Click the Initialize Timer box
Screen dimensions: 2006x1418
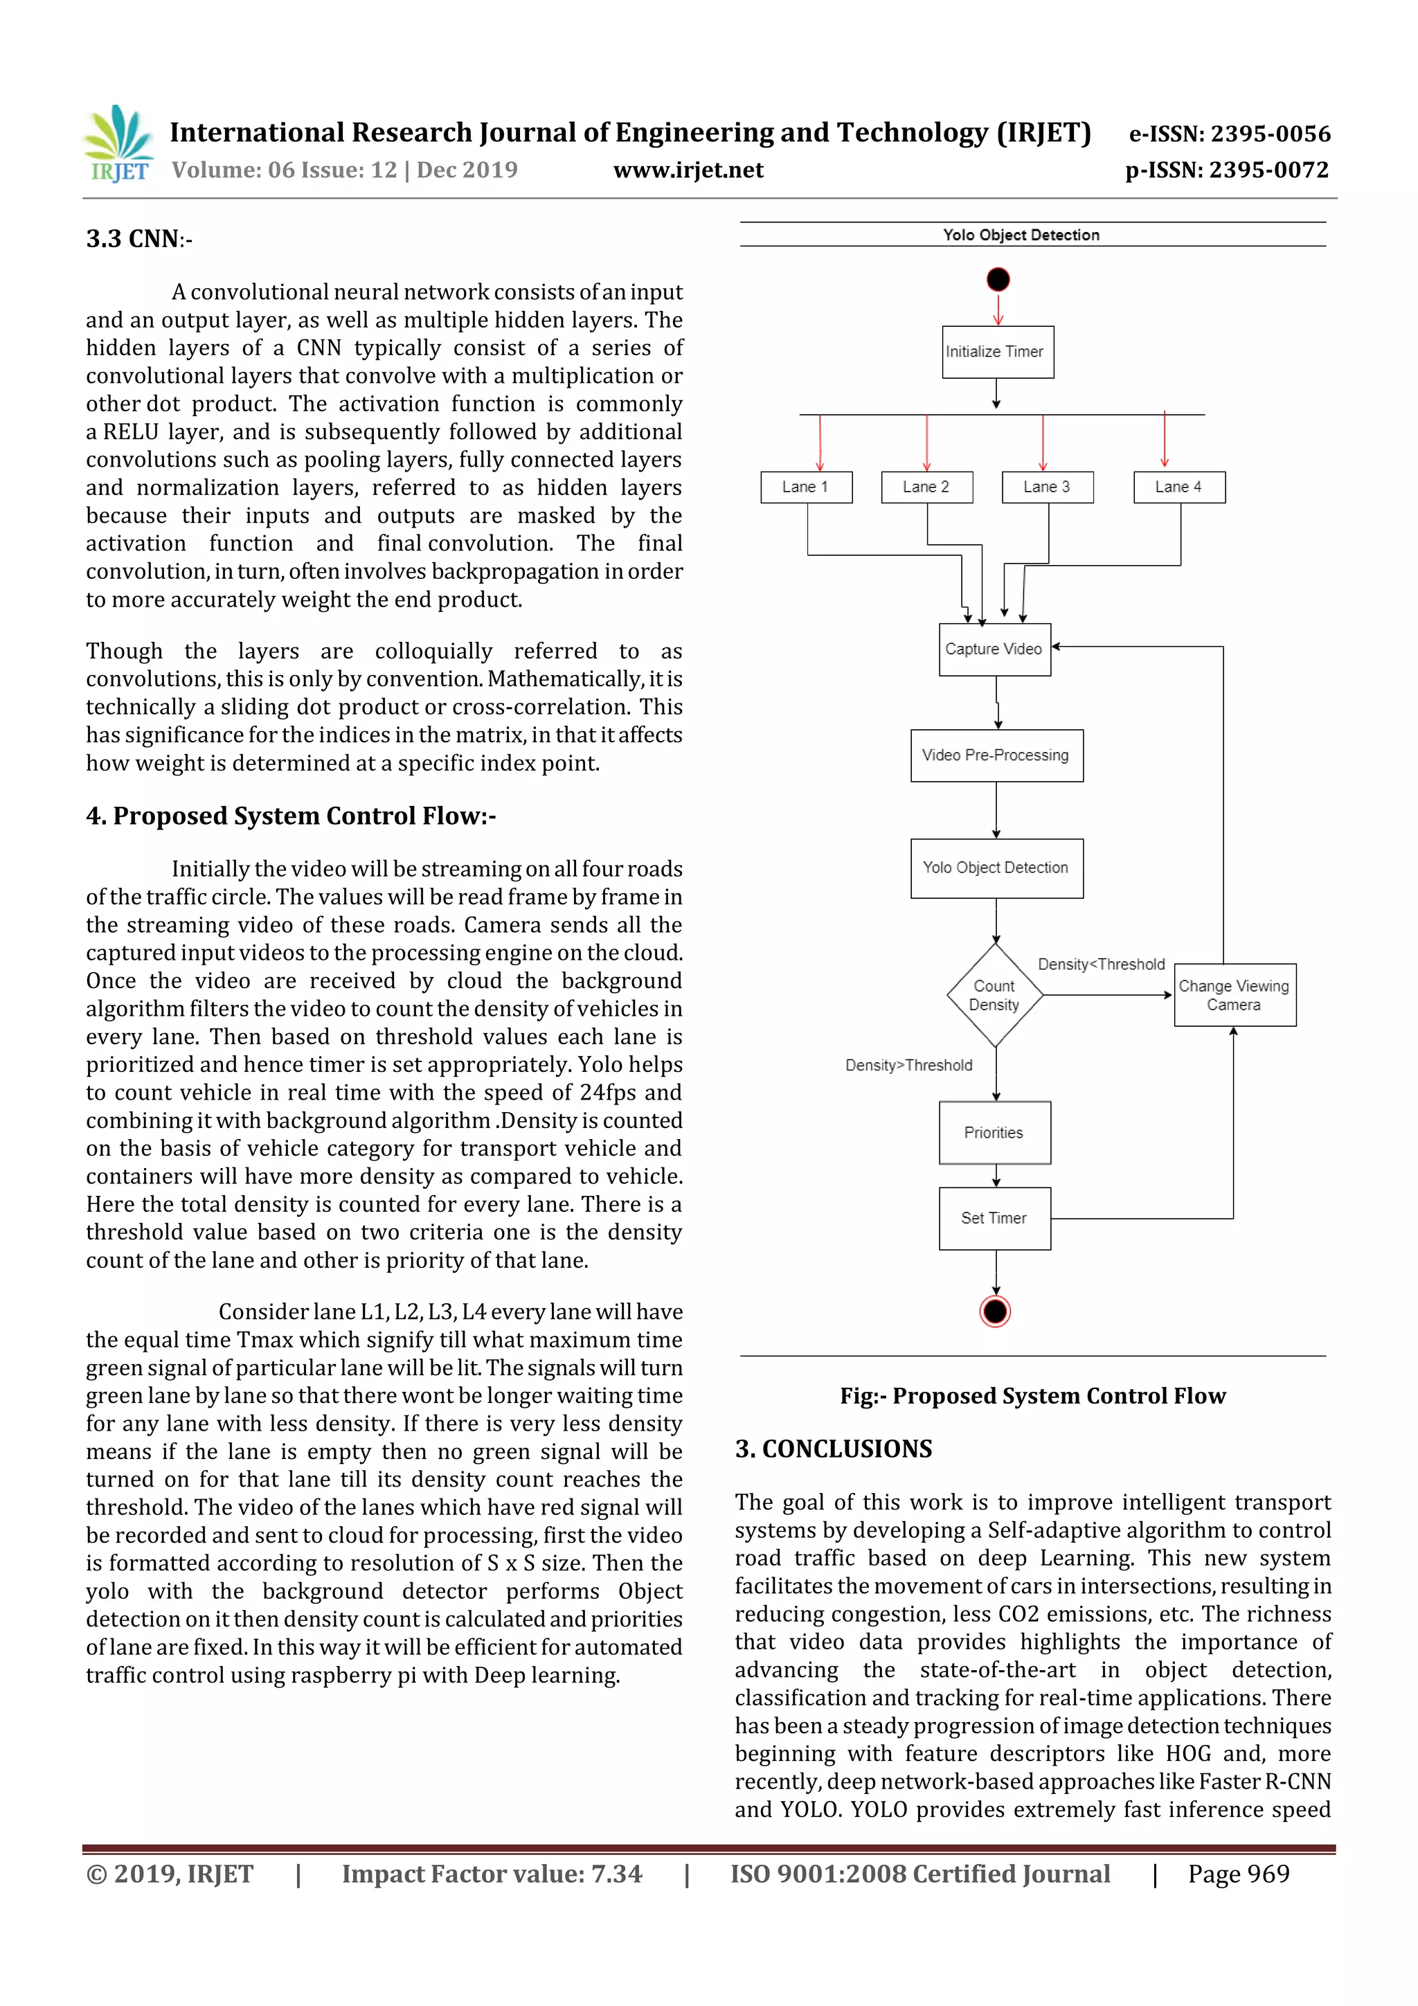[997, 352]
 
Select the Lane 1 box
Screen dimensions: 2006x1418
[805, 487]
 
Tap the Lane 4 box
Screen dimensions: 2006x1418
[1178, 487]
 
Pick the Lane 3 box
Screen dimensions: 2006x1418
[1047, 487]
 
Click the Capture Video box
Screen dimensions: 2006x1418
[994, 649]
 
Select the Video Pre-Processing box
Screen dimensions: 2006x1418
[996, 755]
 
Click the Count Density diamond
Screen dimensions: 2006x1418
[995, 995]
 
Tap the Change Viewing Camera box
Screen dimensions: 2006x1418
[1234, 995]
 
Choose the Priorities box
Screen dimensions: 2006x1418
[994, 1132]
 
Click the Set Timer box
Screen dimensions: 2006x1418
[994, 1218]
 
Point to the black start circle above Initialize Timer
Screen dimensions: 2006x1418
[998, 280]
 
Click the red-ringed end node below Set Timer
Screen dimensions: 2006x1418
[995, 1311]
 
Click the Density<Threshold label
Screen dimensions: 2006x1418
[1101, 965]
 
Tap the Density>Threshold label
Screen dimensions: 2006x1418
[908, 1065]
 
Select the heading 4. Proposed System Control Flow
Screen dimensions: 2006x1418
[291, 815]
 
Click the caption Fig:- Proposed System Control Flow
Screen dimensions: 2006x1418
[1033, 1395]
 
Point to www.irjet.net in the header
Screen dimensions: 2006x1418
[688, 170]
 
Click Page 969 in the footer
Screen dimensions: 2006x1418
[1238, 1873]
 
